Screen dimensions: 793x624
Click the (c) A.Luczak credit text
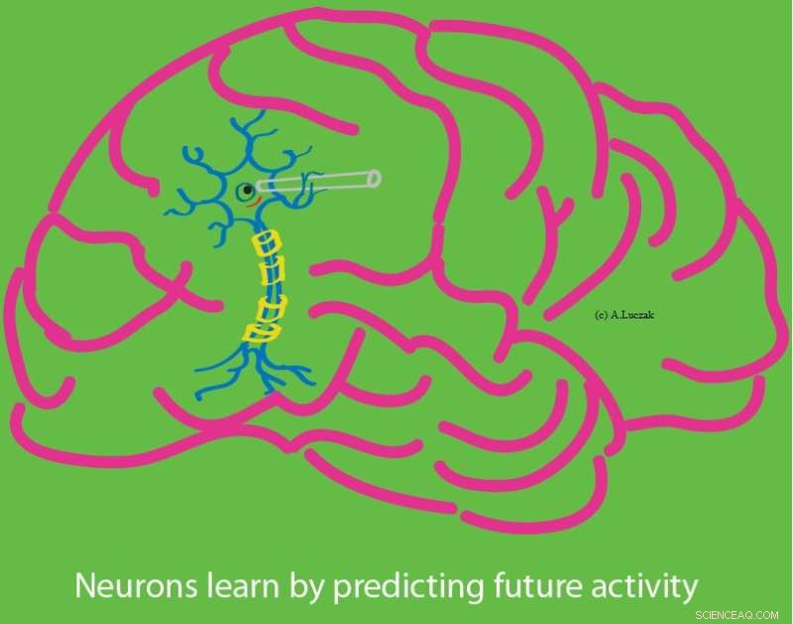[x=624, y=314]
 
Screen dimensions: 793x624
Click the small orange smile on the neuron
[x=254, y=203]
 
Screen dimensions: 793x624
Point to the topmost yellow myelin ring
[x=266, y=242]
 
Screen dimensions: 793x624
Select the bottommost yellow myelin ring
[x=261, y=331]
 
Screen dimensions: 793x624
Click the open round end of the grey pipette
[x=374, y=178]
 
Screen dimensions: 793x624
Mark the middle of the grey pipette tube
[x=317, y=182]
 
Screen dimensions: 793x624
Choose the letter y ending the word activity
[x=688, y=589]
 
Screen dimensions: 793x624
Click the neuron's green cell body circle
[x=245, y=190]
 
